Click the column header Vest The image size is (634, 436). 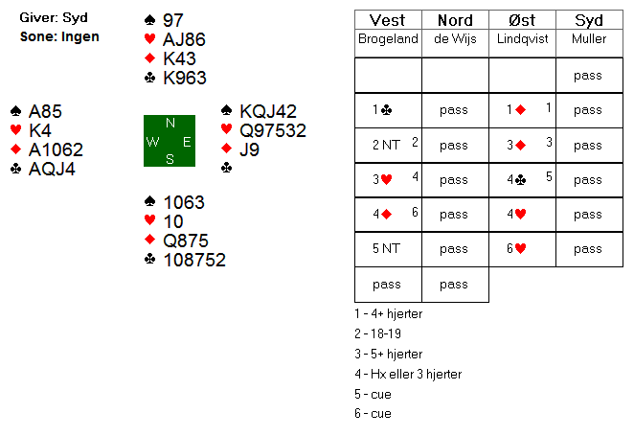point(388,20)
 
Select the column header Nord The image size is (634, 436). point(455,20)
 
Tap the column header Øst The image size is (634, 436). point(522,20)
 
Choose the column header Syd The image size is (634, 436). point(589,20)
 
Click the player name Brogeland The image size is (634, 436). point(388,38)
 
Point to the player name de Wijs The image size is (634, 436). point(455,38)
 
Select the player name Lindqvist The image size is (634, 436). point(522,38)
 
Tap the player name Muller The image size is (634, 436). point(589,38)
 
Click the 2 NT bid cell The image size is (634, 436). point(388,146)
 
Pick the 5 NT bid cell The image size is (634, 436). point(388,248)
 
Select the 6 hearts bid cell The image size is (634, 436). point(522,248)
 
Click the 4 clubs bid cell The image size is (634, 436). point(522,179)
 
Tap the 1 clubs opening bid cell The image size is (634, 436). point(388,110)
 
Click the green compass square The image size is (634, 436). point(170,141)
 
